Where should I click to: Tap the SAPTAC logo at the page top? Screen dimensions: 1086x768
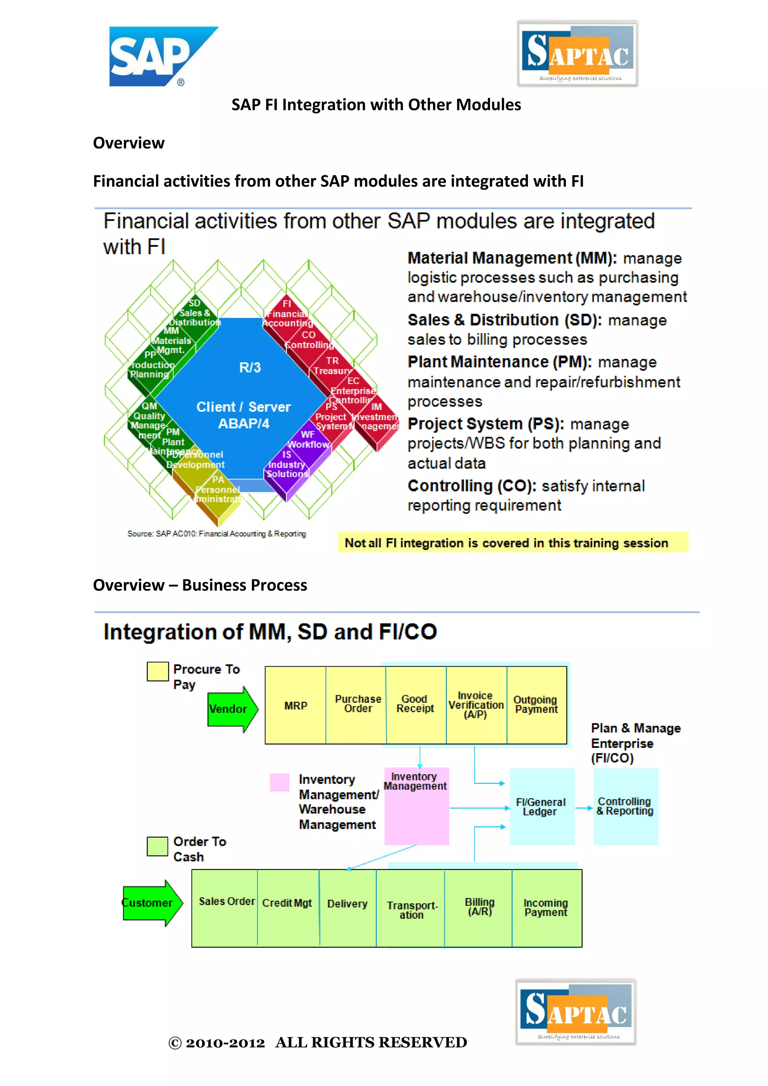pyautogui.click(x=577, y=54)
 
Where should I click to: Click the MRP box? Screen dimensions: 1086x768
pyautogui.click(x=295, y=705)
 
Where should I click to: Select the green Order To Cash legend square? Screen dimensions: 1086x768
pyautogui.click(x=157, y=846)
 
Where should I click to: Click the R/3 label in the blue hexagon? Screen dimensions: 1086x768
pyautogui.click(x=250, y=367)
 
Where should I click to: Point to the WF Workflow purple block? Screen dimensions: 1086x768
pyautogui.click(x=308, y=440)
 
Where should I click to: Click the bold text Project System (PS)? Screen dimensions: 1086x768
pyautogui.click(x=486, y=424)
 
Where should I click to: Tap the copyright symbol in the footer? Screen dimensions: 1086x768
pyautogui.click(x=175, y=1043)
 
